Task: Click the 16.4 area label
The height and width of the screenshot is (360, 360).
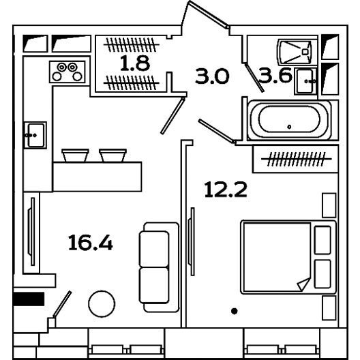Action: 91,243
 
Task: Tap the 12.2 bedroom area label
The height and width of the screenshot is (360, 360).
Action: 226,190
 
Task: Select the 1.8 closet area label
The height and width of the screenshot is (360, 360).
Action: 135,63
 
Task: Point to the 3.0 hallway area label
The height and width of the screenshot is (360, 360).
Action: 212,76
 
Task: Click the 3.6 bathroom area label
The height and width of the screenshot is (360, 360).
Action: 275,75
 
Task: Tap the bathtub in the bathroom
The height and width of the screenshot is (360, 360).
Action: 289,119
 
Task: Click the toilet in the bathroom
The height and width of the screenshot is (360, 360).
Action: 295,52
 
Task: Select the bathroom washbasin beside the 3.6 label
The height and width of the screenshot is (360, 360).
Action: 305,81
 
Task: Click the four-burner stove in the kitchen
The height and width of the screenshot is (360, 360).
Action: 67,72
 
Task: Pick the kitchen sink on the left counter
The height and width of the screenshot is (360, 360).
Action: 35,135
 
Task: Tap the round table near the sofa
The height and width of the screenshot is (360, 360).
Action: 102,304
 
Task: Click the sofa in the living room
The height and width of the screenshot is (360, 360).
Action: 159,267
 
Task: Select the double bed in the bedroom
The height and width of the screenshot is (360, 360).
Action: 288,257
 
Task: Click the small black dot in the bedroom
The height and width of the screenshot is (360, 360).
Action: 234,311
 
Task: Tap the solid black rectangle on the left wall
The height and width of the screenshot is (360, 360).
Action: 29,299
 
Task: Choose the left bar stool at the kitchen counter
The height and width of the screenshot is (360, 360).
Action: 75,155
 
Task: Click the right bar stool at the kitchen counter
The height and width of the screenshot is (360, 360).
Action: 112,155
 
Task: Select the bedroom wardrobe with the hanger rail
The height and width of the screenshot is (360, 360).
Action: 295,159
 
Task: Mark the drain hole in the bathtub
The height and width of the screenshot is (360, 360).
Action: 289,127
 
